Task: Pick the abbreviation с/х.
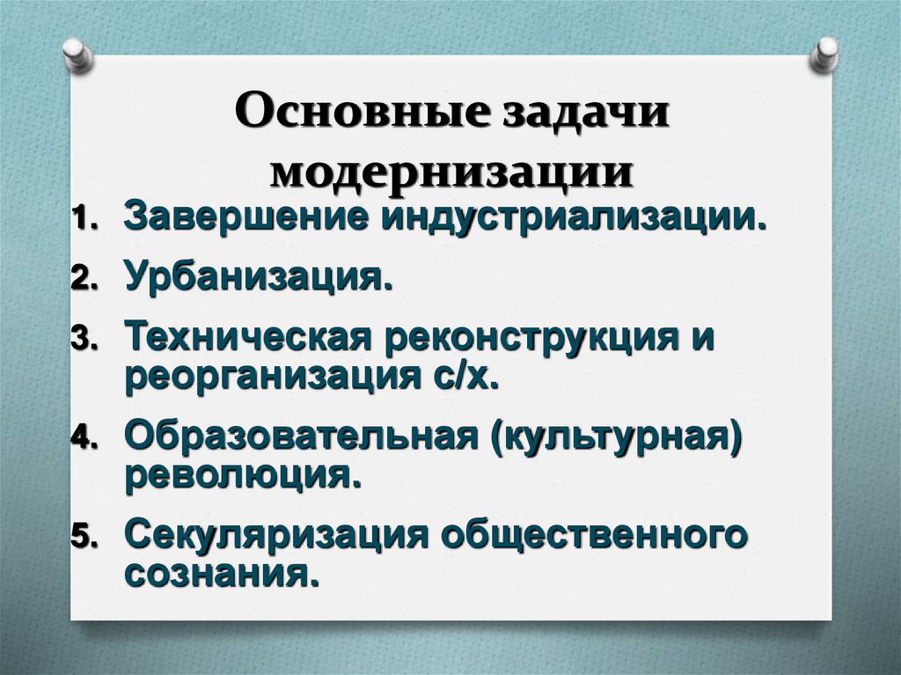tap(457, 376)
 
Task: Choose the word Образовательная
tap(295, 436)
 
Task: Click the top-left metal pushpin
tap(78, 55)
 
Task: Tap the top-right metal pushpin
tap(825, 55)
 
